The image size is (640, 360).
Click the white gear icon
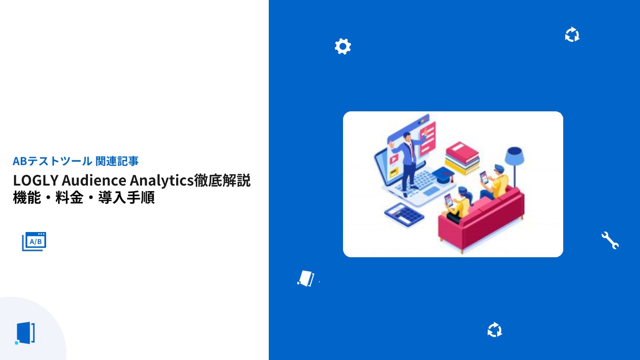click(343, 46)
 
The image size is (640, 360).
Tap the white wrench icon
click(610, 241)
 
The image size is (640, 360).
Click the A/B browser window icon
click(34, 241)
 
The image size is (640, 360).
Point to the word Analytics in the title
click(162, 180)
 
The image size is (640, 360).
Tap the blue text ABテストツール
click(52, 161)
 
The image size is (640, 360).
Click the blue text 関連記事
click(117, 161)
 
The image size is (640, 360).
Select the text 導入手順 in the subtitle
click(126, 198)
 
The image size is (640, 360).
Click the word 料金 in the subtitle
click(69, 198)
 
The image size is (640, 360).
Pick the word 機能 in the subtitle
click(27, 198)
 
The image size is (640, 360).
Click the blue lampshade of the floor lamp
click(514, 156)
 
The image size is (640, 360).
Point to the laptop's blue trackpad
click(431, 191)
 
